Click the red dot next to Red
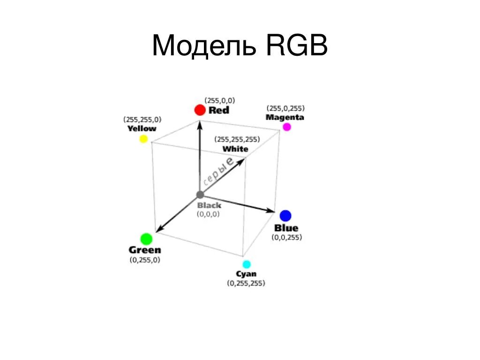point(200,110)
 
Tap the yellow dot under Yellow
point(143,139)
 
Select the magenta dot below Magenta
point(287,127)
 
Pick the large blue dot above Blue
point(285,216)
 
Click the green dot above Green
point(147,239)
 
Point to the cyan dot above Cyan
point(247,264)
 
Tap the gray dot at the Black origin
point(200,195)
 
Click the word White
point(235,149)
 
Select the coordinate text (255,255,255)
point(237,139)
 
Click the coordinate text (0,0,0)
point(208,214)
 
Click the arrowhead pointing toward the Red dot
point(200,125)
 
